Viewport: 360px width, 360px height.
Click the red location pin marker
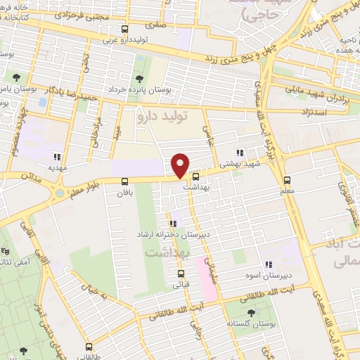coord(181,165)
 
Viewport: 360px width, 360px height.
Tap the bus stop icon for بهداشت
coord(196,177)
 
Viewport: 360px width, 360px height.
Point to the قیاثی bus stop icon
coord(181,274)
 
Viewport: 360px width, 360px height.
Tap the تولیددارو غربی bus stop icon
coord(126,30)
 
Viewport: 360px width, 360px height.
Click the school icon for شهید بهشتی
coord(240,152)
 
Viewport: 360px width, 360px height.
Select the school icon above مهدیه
coord(57,157)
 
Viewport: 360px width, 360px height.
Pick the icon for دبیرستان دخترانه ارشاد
coord(173,224)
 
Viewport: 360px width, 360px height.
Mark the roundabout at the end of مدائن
coord(60,192)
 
